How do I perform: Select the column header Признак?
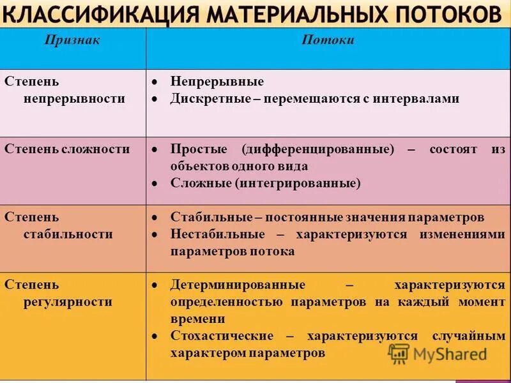72,40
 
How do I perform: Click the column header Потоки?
328,40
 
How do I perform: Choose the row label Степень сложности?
67,149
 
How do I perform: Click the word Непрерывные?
217,82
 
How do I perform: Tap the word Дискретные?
209,99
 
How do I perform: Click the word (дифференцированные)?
318,149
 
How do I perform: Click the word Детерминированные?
238,285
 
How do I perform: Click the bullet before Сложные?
155,183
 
